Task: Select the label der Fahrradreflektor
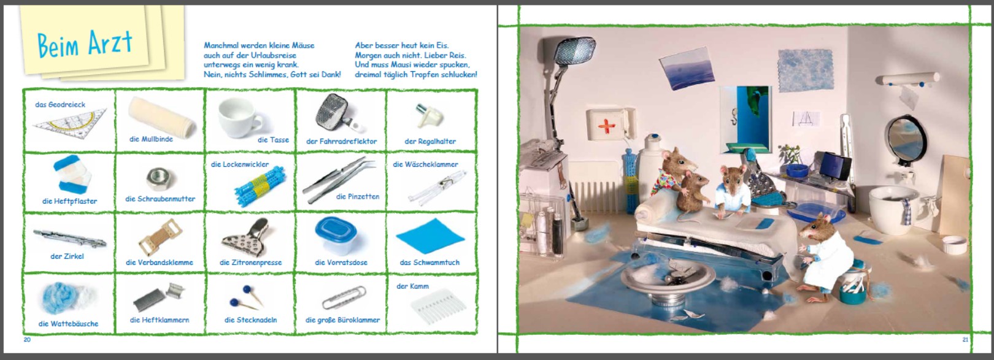click(x=341, y=142)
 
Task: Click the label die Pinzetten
click(x=358, y=196)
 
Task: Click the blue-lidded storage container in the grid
click(x=336, y=235)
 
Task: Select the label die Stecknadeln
click(x=251, y=320)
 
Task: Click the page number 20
click(x=27, y=340)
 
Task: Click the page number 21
click(x=965, y=340)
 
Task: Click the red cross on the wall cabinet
click(x=607, y=126)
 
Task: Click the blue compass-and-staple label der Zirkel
click(x=67, y=256)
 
